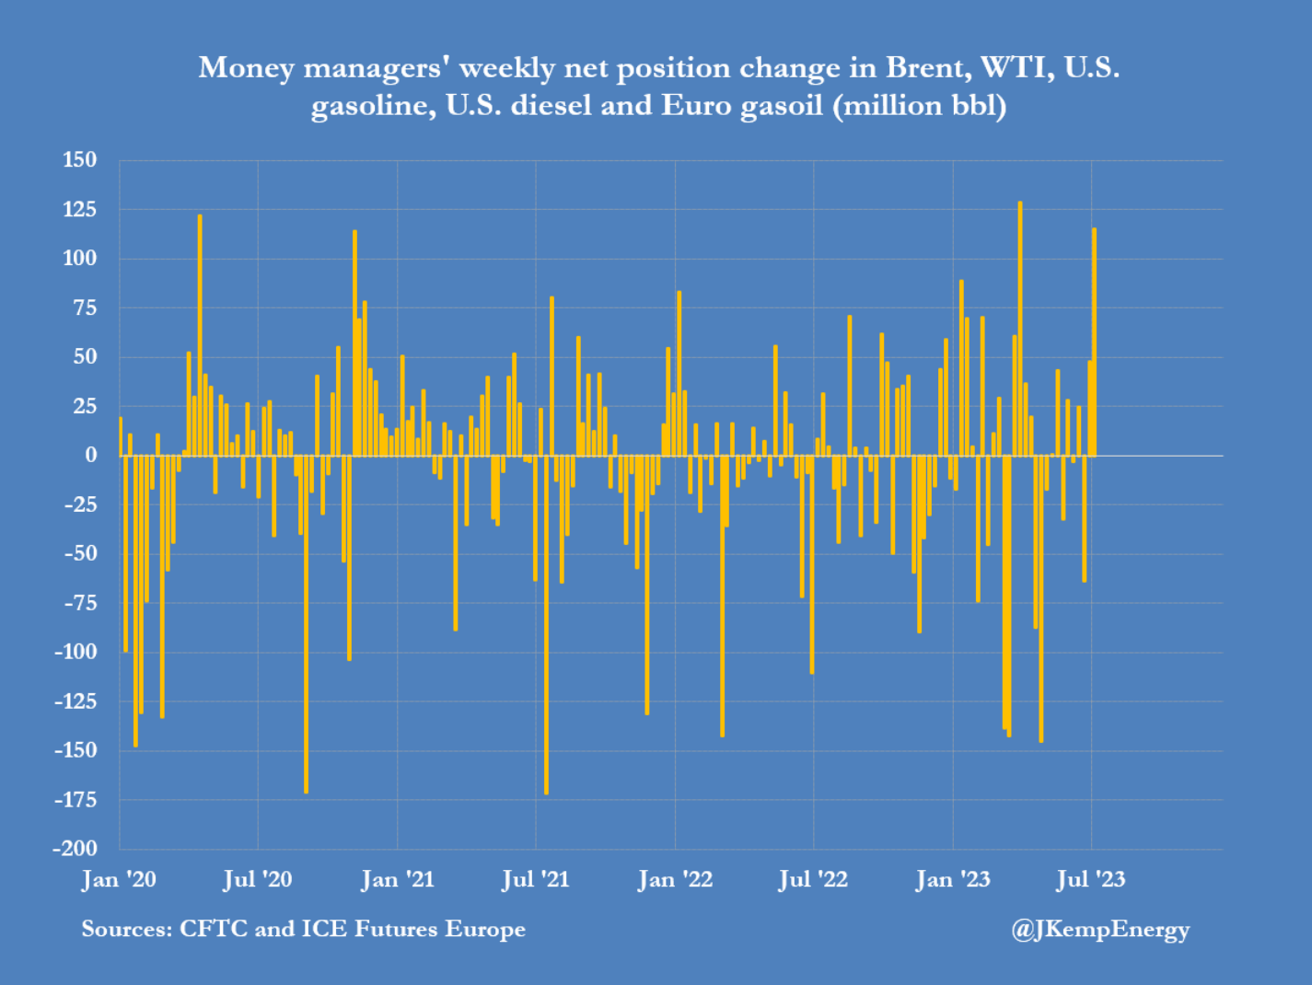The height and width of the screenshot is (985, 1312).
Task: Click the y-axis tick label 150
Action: (x=79, y=160)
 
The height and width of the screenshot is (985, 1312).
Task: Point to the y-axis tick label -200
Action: (x=75, y=849)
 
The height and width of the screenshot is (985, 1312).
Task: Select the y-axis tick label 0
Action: (x=90, y=455)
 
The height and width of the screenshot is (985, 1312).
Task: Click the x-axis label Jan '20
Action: (x=119, y=880)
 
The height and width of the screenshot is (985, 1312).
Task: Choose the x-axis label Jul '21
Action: (x=535, y=880)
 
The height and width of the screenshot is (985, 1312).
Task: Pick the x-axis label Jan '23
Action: (x=952, y=880)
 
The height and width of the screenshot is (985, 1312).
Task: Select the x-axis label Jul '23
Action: (x=1091, y=880)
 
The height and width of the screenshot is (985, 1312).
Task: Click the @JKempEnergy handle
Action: (x=1100, y=930)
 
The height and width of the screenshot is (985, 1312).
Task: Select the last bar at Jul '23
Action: (x=1094, y=342)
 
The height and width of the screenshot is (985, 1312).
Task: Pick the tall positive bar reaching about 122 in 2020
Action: (x=200, y=335)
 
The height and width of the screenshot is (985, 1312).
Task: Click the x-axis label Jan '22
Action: (x=675, y=880)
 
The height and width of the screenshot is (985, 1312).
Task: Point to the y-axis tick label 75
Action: (x=85, y=307)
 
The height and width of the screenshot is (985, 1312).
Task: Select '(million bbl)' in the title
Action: (x=919, y=106)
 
